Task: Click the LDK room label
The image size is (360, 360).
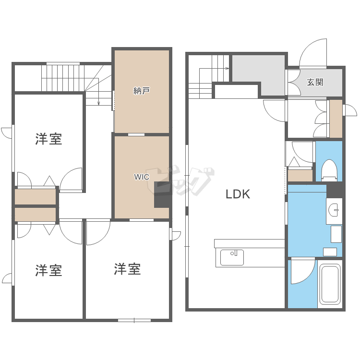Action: tap(238, 194)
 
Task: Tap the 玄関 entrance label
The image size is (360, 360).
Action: tap(315, 82)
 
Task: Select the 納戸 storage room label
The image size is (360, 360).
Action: tap(142, 90)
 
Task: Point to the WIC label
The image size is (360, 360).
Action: tap(141, 177)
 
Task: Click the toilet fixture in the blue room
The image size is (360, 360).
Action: tap(329, 169)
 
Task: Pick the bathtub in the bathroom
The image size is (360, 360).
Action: tap(330, 284)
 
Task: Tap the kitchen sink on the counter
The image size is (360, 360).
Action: tap(232, 257)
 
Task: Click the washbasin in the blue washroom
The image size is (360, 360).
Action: tap(334, 210)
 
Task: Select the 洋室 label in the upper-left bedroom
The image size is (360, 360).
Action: tap(48, 140)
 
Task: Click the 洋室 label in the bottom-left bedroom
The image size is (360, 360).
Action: tap(48, 270)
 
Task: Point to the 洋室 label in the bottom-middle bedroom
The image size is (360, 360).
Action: tap(127, 269)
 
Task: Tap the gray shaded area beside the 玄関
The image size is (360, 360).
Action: tap(258, 72)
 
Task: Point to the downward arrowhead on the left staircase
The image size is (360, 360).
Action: tap(98, 103)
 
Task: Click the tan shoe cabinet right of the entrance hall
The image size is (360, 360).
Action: tap(336, 118)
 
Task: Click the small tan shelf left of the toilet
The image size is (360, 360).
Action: tap(300, 176)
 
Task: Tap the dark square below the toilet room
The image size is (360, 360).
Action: tap(335, 189)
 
